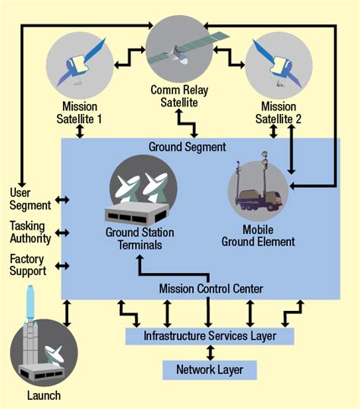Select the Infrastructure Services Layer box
209,335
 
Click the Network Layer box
209,370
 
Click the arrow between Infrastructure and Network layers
209,353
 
